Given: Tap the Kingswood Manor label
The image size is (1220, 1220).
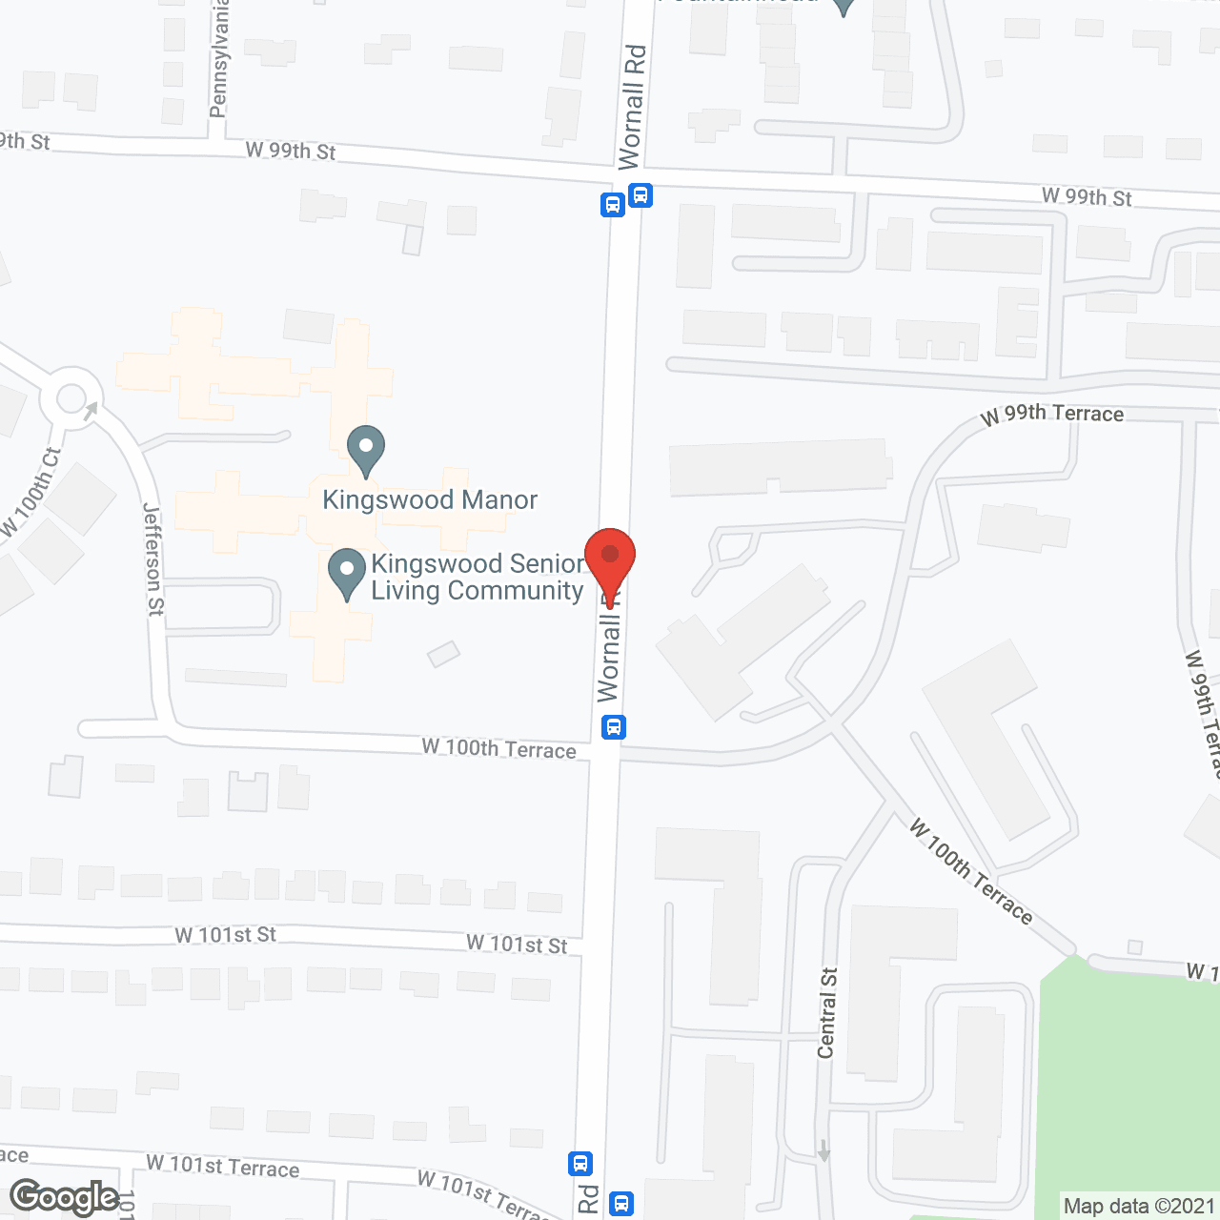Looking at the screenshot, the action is [430, 500].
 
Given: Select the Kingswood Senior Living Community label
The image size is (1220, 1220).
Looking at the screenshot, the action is [477, 578].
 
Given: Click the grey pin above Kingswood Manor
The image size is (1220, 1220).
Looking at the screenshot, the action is [365, 449].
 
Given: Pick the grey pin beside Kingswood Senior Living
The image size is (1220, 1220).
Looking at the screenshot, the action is [347, 574].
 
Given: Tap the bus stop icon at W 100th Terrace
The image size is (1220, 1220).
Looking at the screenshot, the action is [614, 727].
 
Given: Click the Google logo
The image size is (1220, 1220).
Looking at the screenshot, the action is [65, 1197].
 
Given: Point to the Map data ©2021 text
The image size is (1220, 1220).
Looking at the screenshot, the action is [1139, 1206].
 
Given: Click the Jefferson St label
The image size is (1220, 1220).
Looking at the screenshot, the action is [153, 559].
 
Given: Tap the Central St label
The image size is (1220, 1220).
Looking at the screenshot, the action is [827, 1013].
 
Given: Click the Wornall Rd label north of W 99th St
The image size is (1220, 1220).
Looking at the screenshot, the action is [632, 107].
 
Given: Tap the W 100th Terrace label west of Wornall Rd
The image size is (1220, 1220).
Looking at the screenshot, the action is [498, 749].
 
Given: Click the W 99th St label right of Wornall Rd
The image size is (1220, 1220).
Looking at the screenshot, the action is [1087, 197].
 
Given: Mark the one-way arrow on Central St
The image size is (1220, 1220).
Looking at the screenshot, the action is [823, 1150].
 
